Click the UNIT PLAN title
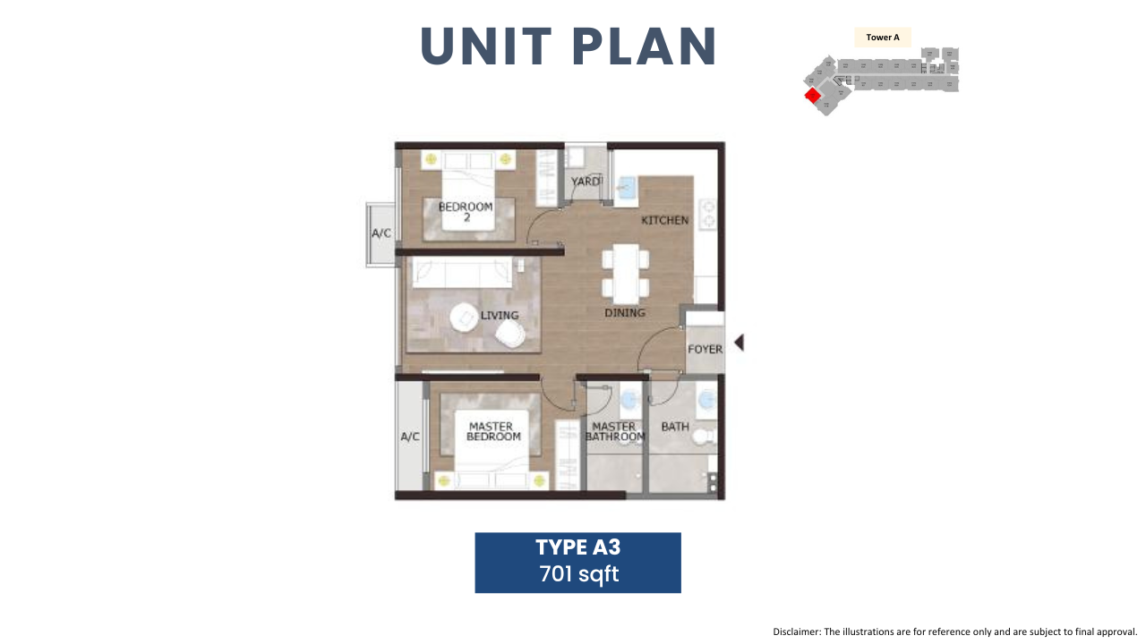tap(568, 47)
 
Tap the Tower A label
tap(883, 38)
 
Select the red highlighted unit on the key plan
tap(812, 95)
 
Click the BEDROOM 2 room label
tap(466, 212)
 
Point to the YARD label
tap(586, 182)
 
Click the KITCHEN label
tap(665, 220)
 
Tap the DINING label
tap(625, 313)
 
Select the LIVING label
tap(500, 316)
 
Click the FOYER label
tap(705, 349)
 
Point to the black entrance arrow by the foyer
tap(740, 343)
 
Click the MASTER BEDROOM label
tap(493, 431)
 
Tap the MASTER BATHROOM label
tap(614, 431)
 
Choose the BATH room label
tap(675, 427)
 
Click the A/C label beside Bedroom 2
tap(381, 233)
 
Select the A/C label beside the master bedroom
tap(410, 436)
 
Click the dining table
tap(626, 274)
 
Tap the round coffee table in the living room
tap(464, 318)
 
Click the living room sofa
tap(462, 272)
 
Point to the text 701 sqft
tap(578, 574)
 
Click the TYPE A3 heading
tap(578, 547)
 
